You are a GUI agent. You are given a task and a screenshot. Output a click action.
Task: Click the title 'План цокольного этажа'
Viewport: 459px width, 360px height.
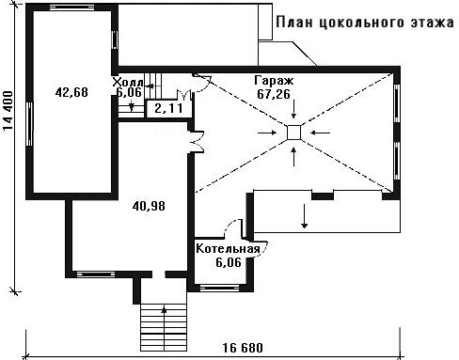tap(365, 23)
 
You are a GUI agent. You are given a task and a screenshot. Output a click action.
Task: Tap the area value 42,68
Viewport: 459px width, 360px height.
tap(71, 92)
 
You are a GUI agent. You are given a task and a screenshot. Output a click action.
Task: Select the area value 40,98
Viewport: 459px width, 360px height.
tap(149, 206)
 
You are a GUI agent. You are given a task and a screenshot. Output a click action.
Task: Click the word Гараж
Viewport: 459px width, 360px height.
tap(274, 81)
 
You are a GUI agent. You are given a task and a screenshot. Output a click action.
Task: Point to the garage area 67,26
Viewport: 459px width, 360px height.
tap(274, 94)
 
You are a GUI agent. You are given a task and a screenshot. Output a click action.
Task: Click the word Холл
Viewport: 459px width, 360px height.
tap(128, 83)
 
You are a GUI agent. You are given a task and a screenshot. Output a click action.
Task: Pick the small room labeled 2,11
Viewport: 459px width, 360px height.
tap(168, 108)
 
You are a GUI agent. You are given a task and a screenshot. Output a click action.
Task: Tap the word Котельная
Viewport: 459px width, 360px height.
tap(228, 249)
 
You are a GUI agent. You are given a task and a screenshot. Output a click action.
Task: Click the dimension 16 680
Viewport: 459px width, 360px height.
tap(243, 348)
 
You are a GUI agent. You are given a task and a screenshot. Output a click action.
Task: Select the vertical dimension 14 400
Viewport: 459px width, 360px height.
tap(8, 111)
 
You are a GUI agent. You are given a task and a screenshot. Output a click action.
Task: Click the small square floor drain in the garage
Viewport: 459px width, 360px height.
tap(294, 133)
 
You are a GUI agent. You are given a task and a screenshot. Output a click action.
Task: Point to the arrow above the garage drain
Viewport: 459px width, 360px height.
tap(293, 109)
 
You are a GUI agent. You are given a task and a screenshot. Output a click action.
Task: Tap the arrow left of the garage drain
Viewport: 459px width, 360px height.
tap(267, 133)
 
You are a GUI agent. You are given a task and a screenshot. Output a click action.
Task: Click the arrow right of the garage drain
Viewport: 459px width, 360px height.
tap(320, 133)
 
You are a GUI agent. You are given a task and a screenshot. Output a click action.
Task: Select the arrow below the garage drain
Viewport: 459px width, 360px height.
tap(293, 157)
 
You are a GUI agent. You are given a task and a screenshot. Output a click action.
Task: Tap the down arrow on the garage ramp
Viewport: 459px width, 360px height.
tap(304, 216)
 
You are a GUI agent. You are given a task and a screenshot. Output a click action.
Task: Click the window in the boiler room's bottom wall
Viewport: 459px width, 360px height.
tap(219, 287)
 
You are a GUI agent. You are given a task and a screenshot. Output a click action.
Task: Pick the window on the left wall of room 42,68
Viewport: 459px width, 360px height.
tap(30, 124)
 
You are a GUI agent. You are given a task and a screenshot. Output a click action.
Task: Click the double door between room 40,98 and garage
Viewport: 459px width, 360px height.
tap(197, 142)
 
